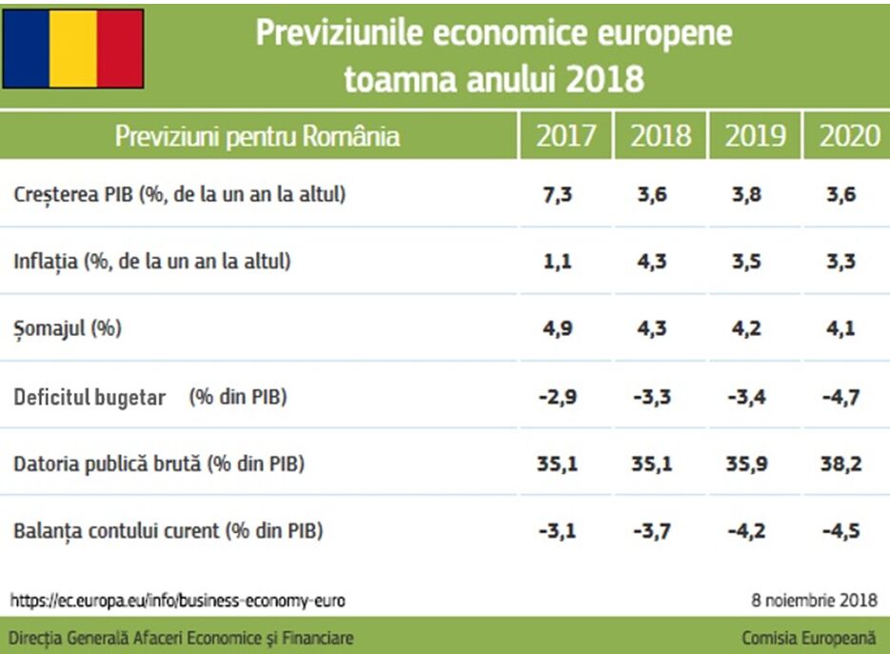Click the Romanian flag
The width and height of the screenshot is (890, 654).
[x=73, y=49]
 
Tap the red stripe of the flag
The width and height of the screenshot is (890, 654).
[x=120, y=49]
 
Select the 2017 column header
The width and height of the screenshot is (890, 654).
[x=565, y=136]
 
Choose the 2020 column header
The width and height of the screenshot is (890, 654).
[x=849, y=136]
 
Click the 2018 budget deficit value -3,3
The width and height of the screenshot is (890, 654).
[x=651, y=397]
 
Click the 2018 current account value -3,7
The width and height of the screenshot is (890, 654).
[x=651, y=531]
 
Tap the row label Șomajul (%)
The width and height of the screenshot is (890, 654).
[x=68, y=329]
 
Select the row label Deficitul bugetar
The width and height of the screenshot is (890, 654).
[x=89, y=397]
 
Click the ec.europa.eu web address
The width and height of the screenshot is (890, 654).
[x=178, y=601]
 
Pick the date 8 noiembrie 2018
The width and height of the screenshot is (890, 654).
[x=814, y=601]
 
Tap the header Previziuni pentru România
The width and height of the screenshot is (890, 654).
[x=257, y=136]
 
